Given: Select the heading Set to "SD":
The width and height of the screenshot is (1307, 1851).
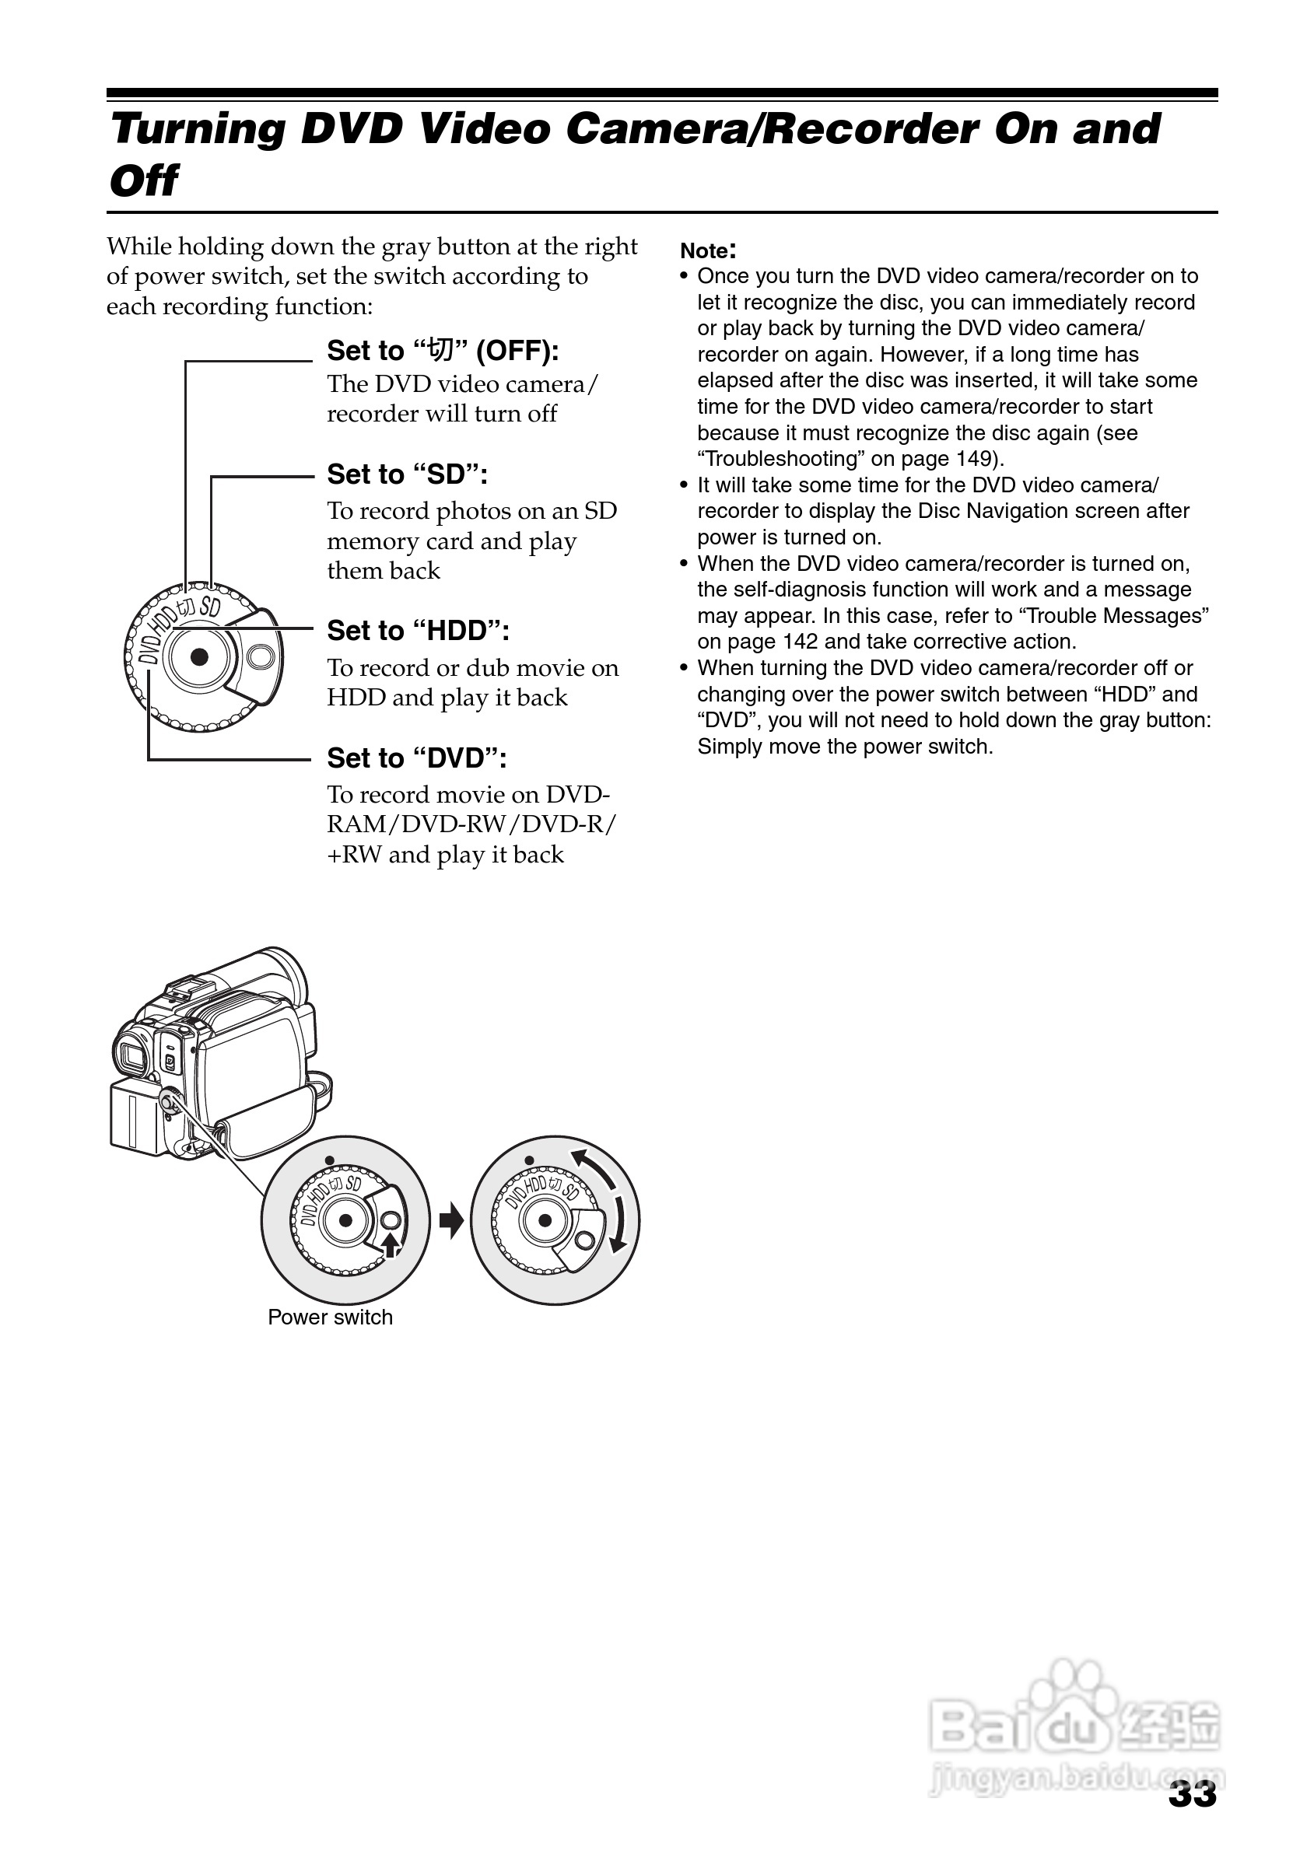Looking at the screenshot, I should [x=407, y=474].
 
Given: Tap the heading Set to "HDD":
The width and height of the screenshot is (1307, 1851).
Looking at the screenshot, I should [x=418, y=631].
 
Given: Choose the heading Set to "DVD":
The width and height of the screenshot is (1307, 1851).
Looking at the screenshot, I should [x=416, y=758].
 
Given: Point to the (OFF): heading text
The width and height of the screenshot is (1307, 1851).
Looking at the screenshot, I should [x=517, y=351].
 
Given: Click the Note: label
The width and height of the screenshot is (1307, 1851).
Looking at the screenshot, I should [x=707, y=250].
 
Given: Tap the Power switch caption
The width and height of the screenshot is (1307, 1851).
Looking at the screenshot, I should [x=330, y=1317].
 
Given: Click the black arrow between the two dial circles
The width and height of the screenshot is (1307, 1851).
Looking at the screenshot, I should [x=451, y=1220].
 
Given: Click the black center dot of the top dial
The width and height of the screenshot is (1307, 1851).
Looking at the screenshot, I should [x=199, y=657].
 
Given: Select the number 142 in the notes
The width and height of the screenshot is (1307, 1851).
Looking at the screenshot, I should [x=800, y=642].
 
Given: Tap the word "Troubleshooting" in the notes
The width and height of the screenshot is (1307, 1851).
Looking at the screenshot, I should [x=780, y=459].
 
